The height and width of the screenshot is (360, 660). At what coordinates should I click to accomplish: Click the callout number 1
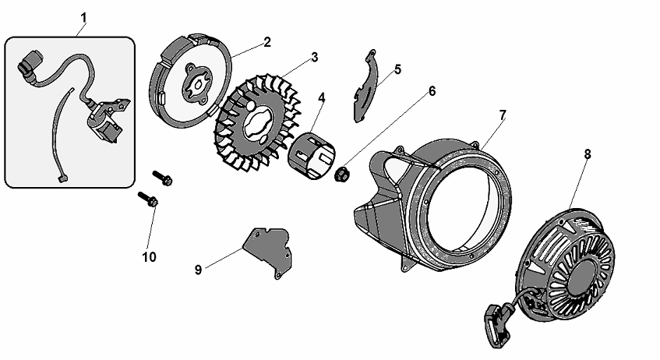coord(83,16)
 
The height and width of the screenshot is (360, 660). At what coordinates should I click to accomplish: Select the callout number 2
coord(266,42)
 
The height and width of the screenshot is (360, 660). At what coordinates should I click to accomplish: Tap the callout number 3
coord(314,57)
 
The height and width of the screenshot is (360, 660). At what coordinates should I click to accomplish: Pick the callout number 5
coord(397,69)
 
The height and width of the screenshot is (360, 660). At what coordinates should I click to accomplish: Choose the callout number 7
coord(503,115)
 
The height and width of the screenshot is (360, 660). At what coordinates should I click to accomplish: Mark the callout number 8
coord(588,154)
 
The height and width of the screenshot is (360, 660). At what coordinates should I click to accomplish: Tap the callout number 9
coord(198,270)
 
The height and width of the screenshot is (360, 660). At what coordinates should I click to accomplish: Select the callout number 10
coord(148,256)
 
